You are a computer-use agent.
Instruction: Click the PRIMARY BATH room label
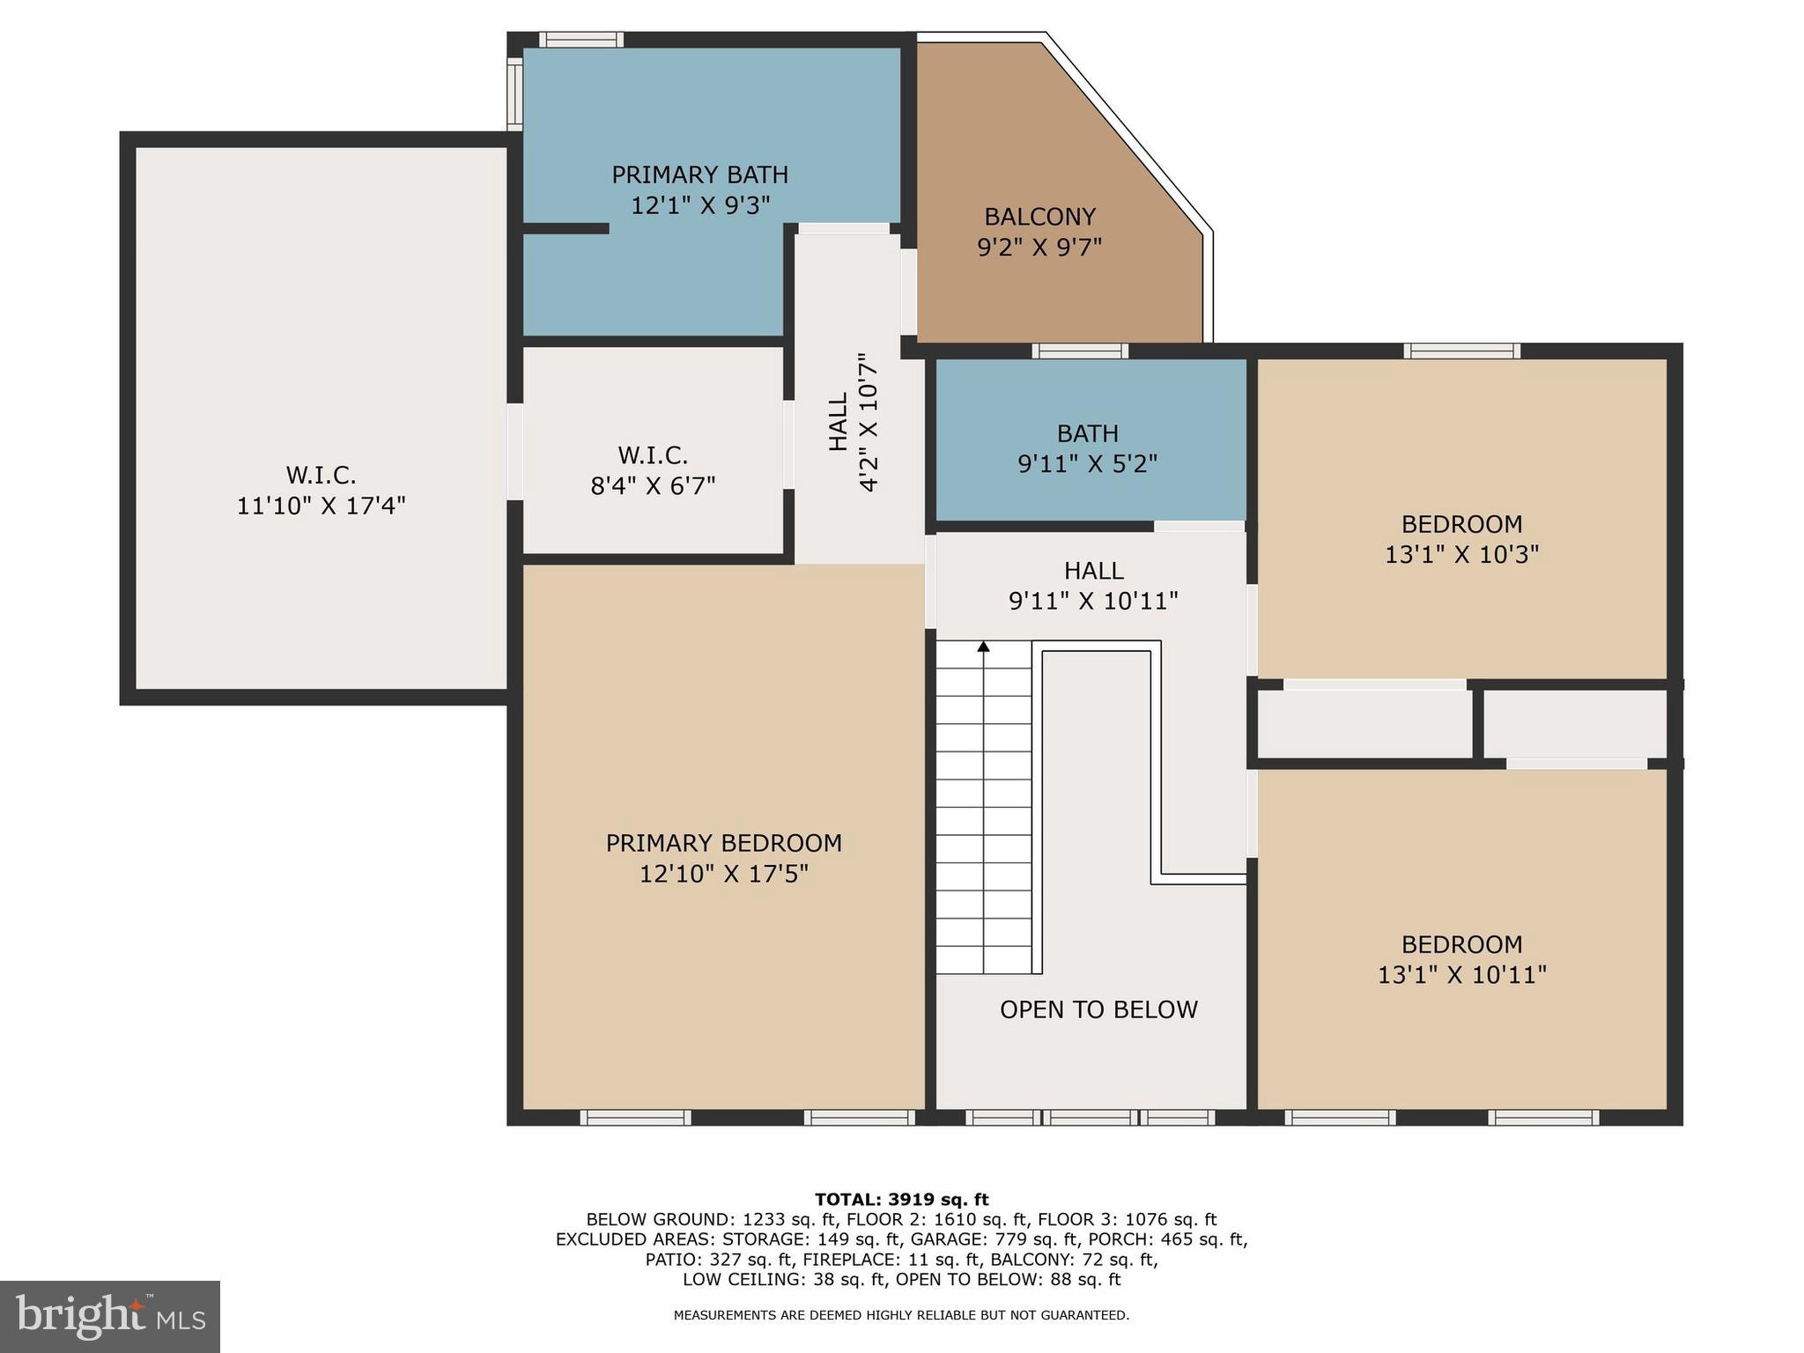699,174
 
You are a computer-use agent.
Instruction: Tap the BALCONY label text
1039,217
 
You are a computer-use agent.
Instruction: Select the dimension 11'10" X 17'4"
321,506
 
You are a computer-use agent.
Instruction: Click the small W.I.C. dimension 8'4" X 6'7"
653,486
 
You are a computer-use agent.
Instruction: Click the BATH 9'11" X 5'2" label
1088,448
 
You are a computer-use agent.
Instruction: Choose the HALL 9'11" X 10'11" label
1093,586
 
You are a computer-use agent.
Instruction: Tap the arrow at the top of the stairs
983,647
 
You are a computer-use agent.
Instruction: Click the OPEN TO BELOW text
1098,1009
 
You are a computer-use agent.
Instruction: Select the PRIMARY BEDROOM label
723,844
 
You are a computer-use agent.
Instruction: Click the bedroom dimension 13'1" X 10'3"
1461,555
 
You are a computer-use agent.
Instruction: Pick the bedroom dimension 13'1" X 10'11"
1461,975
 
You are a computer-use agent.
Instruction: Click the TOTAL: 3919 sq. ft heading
901,1200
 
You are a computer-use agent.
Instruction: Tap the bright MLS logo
110,1316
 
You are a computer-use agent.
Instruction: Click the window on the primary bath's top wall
581,40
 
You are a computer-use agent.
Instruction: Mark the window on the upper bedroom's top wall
1461,351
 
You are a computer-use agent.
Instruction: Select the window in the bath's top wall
1080,351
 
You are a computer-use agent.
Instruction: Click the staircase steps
983,810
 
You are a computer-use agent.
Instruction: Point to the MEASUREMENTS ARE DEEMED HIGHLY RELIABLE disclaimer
901,1315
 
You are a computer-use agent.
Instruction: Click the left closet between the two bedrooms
1364,723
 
